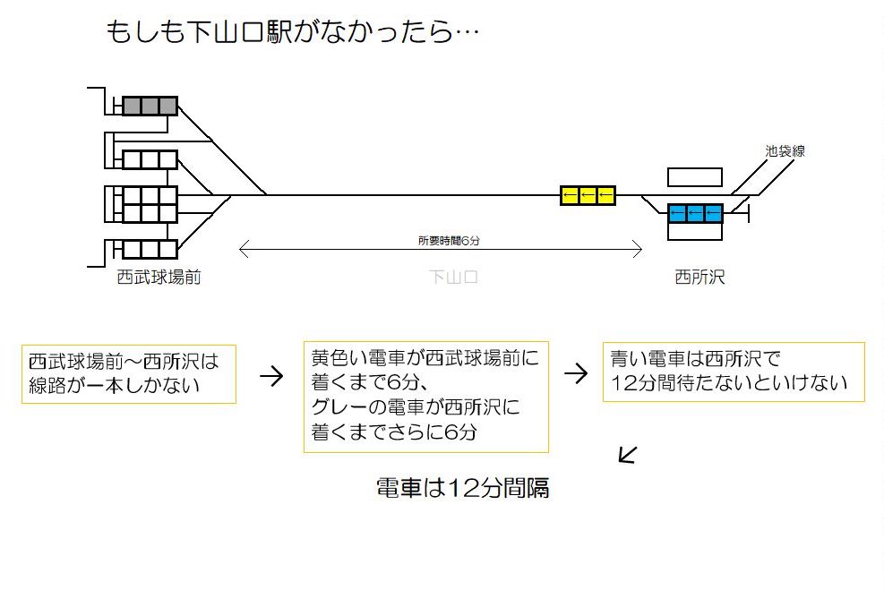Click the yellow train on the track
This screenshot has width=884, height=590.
tap(588, 195)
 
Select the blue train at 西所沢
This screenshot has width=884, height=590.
tap(695, 213)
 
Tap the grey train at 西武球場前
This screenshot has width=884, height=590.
tap(150, 106)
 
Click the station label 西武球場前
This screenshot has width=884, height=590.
tap(159, 278)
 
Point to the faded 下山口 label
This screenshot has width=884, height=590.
tap(453, 278)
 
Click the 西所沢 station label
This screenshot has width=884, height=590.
tap(699, 278)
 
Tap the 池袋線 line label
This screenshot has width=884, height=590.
tap(785, 151)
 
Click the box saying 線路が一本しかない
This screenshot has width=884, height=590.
tap(128, 373)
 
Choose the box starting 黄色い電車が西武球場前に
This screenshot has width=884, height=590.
tap(425, 396)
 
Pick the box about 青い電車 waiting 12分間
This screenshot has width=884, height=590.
tap(734, 372)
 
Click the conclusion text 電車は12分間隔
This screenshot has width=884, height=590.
tap(462, 489)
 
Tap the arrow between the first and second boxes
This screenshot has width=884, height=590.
tap(270, 375)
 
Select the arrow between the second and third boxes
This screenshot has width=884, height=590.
tap(575, 373)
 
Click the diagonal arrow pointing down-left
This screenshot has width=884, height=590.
tap(628, 455)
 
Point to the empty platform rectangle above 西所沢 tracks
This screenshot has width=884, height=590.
tap(695, 177)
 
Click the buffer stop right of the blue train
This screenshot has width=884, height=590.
tap(748, 213)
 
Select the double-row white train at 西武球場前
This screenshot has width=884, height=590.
tap(150, 204)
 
